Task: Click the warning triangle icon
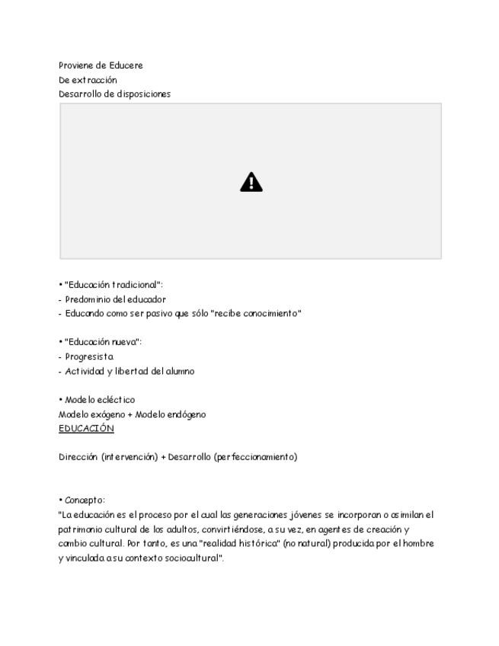pyautogui.click(x=251, y=182)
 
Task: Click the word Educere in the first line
pyautogui.click(x=126, y=66)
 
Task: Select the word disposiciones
pyautogui.click(x=144, y=94)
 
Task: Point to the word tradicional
pyautogui.click(x=136, y=285)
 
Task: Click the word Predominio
pyautogui.click(x=88, y=299)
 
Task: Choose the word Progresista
pyautogui.click(x=89, y=357)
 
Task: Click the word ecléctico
pyautogui.click(x=116, y=400)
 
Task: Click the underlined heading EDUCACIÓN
pyautogui.click(x=86, y=428)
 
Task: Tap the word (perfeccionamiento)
pyautogui.click(x=255, y=457)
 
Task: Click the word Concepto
pyautogui.click(x=84, y=500)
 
